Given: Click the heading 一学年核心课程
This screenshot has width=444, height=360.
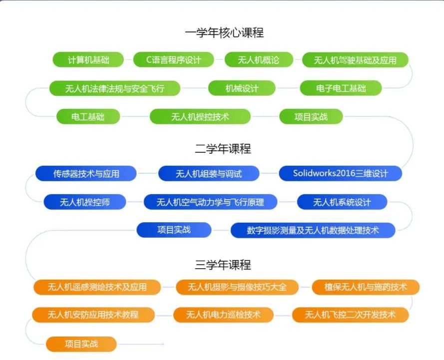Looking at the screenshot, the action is point(224,33).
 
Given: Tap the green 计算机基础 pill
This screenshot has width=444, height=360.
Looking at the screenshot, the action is point(88,60).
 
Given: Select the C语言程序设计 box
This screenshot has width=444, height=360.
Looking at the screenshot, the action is point(173,60).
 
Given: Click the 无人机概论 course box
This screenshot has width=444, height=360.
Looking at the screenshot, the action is point(259,60).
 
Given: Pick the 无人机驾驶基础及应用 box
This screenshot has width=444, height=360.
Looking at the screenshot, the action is point(355,60).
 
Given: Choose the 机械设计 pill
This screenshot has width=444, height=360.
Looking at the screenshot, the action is point(242,88).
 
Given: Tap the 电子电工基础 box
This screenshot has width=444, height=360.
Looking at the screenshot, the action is point(341,88).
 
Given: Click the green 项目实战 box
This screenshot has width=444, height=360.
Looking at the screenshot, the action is point(311,117).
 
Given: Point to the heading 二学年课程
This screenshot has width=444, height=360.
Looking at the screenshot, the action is point(223,149).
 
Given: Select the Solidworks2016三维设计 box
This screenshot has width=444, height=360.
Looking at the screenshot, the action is point(340,173).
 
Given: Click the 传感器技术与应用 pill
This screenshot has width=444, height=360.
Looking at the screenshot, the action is point(86,173).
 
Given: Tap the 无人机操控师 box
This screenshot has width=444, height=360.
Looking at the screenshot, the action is point(85,202).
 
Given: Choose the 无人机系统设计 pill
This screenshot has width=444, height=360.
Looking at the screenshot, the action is point(342,202).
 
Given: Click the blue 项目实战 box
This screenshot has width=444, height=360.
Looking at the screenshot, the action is point(174,230).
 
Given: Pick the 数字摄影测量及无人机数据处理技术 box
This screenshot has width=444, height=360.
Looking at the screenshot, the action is point(313,230).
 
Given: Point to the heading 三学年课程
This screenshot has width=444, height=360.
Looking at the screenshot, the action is point(223,265).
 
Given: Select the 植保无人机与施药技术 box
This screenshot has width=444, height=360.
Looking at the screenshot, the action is point(366,287).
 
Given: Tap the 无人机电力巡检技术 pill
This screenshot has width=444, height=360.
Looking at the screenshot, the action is point(223,315).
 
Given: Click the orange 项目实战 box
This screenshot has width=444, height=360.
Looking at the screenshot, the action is point(81,344).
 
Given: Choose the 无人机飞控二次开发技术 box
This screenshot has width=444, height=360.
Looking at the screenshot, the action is point(350,315).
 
